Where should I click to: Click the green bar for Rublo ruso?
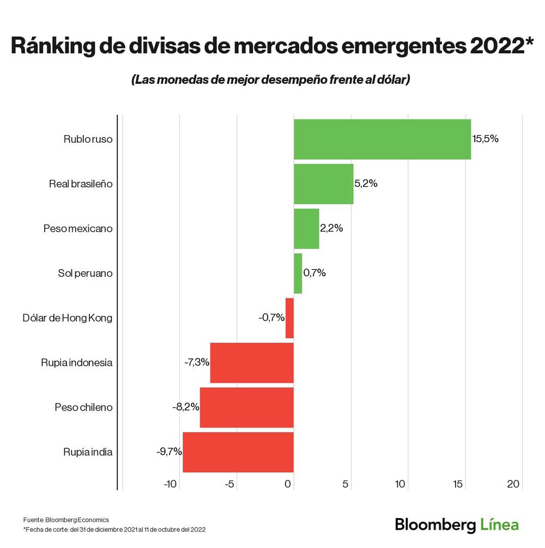(382, 139)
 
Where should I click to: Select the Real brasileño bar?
(323, 184)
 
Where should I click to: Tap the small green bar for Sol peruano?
(298, 273)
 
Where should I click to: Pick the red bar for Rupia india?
(238, 452)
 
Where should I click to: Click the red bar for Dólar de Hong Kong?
(289, 318)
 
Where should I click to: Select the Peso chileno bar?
(247, 407)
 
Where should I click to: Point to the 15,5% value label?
(485, 139)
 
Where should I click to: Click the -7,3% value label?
(197, 362)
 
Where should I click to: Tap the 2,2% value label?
(331, 229)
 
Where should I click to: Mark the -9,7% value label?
(169, 452)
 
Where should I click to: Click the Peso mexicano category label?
(78, 229)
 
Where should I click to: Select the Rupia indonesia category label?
(76, 362)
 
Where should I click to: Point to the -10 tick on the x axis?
(171, 484)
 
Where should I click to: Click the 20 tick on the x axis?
(513, 484)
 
